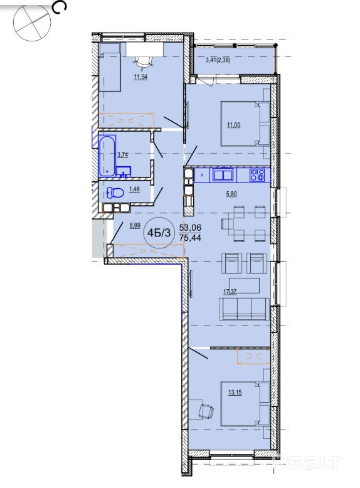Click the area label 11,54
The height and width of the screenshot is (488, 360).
[x=140, y=77]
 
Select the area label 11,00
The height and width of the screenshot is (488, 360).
[x=234, y=125]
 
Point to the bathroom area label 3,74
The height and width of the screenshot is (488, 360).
[x=123, y=154]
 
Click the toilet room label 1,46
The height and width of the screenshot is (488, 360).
[x=134, y=189]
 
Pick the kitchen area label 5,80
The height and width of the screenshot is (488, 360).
[x=231, y=194]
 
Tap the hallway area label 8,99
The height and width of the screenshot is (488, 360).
[x=135, y=226]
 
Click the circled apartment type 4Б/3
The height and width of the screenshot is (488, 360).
[x=159, y=233]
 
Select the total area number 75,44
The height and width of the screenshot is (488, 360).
[x=190, y=238]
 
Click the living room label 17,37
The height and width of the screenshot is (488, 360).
[x=230, y=292]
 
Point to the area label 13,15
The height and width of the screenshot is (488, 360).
[x=235, y=393]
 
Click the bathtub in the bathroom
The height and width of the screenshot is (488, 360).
[x=107, y=156]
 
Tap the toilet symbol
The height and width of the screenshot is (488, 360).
[x=115, y=193]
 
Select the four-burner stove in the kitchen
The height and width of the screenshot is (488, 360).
[x=257, y=175]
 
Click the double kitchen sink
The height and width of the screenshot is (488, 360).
[x=223, y=174]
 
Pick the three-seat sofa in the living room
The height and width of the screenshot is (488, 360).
[x=244, y=309]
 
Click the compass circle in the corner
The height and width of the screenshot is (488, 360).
[x=32, y=22]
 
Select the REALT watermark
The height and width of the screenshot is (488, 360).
[x=307, y=462]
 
